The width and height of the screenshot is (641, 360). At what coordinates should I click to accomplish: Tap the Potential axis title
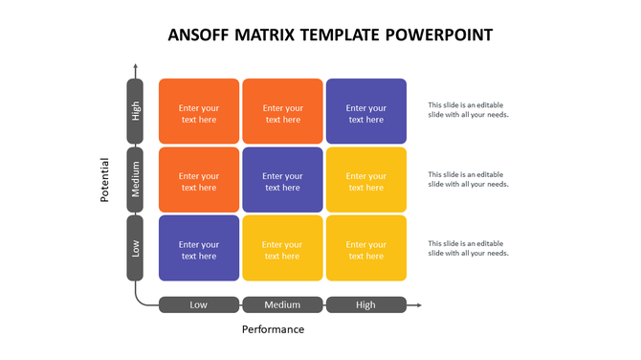[x=106, y=179]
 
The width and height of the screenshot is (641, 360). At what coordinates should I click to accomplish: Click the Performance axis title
[x=273, y=329]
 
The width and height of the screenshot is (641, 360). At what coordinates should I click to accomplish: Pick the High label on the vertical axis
[x=135, y=111]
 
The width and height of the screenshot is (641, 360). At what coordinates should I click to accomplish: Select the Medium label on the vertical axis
[x=135, y=179]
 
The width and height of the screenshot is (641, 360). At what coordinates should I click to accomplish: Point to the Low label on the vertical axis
[x=135, y=247]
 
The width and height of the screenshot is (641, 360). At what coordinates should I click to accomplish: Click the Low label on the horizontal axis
[x=199, y=305]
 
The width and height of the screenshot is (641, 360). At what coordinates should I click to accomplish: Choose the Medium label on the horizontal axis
[x=282, y=305]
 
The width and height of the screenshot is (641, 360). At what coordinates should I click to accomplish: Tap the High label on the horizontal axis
[x=365, y=305]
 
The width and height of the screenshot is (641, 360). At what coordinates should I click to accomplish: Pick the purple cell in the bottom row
[x=199, y=248]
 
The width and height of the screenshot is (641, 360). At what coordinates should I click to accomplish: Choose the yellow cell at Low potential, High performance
[x=365, y=248]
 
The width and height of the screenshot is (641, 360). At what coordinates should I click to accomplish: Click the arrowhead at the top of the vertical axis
[x=135, y=67]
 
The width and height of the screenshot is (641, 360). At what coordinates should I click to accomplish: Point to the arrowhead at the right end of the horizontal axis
[x=416, y=305]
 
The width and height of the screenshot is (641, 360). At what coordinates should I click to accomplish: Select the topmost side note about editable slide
[x=468, y=110]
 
